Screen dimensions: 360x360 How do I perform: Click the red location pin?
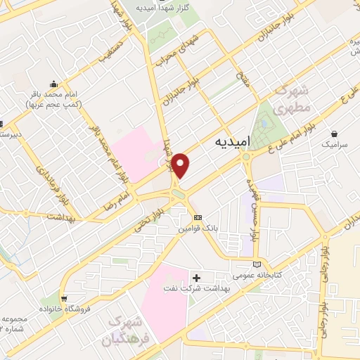181,165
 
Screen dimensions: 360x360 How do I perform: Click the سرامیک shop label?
334,143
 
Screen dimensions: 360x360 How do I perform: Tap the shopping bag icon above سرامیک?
334,132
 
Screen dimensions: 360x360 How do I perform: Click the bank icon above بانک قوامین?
198,217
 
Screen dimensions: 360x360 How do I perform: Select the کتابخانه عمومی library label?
258,274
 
